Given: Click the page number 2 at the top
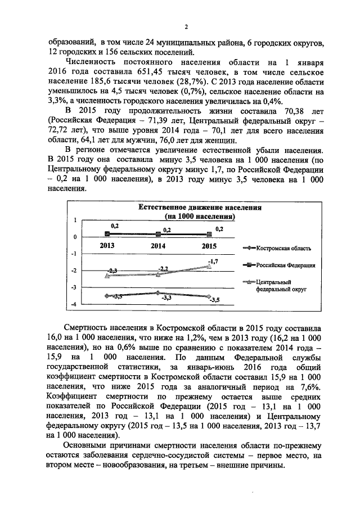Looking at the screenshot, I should coord(186,26).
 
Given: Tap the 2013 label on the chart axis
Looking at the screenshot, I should coord(109,246).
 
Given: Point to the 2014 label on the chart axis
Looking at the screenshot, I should coord(158,246).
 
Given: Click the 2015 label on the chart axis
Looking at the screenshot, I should coord(209,246).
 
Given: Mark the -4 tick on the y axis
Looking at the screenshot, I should coord(73,305).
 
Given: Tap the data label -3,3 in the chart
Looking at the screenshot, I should coord(166,299).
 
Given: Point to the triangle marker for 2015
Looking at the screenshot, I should coord(209,266).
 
